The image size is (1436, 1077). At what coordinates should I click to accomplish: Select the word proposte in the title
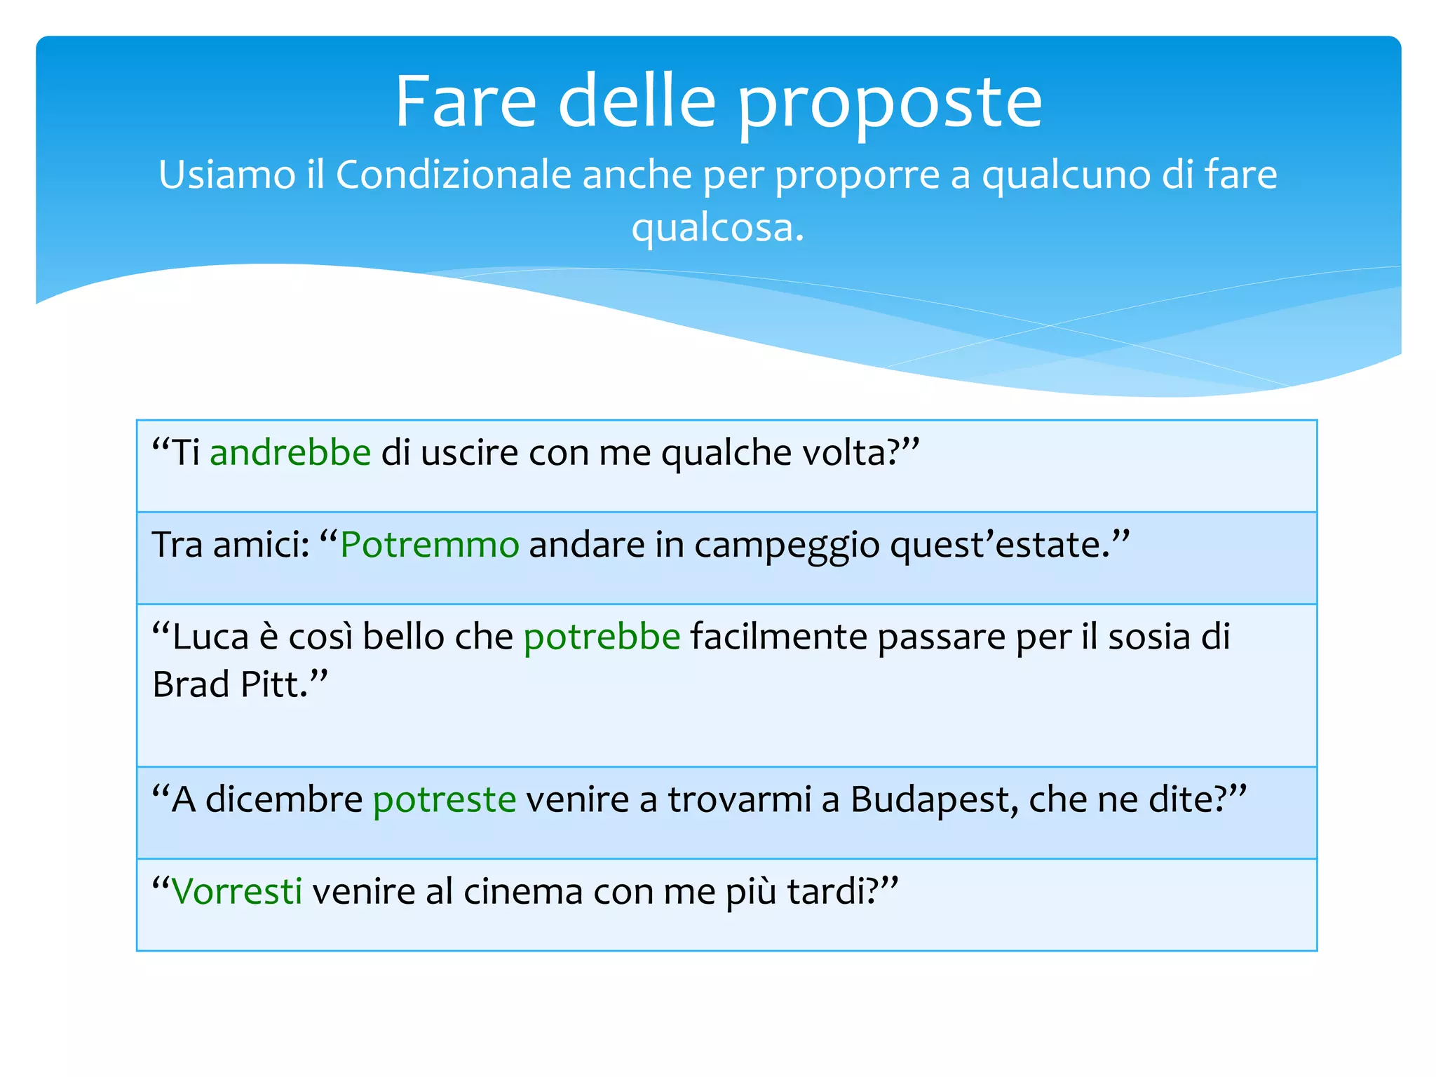coord(890,105)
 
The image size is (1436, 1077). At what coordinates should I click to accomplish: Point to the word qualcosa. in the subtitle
coord(717,228)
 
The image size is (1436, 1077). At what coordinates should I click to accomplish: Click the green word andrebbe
coord(290,452)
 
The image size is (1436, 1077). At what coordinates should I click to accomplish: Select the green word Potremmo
coord(429,545)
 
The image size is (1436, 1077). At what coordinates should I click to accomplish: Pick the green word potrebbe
coord(602,637)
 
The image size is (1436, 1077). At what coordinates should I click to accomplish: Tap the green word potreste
coord(445,799)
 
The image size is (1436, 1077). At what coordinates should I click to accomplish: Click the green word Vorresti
coord(237,891)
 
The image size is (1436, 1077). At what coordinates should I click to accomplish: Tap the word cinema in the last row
coord(523,891)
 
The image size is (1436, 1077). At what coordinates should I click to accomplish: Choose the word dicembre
coord(284,799)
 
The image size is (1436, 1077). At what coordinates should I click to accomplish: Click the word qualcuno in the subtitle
coord(1066,175)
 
